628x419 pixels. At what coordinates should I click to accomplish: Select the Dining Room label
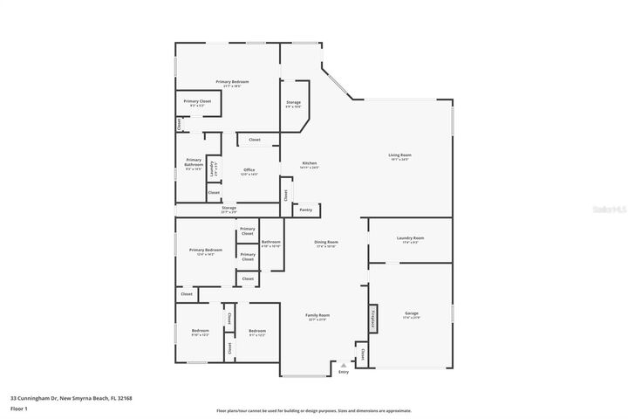325,244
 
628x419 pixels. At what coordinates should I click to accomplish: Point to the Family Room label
317,317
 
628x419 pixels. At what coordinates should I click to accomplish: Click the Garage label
411,314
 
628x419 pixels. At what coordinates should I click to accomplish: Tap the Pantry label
305,209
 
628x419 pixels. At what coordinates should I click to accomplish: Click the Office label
249,171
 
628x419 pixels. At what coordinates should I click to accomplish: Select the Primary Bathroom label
193,163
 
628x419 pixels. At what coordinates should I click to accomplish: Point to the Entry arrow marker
343,366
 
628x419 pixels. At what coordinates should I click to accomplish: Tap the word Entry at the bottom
343,373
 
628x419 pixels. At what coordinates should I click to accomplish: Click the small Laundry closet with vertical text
213,165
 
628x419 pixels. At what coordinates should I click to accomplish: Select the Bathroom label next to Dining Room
270,244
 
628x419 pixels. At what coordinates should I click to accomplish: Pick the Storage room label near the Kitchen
293,104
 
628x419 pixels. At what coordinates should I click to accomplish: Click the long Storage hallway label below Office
229,209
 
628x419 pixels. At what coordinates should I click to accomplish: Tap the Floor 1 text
19,408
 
